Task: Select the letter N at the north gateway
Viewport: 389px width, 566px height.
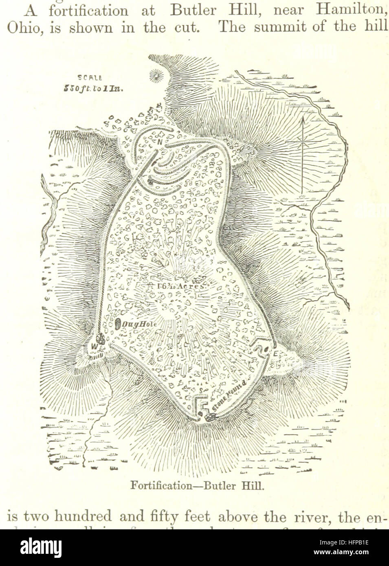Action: [x=160, y=142]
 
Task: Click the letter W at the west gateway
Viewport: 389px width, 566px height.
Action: [x=95, y=346]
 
